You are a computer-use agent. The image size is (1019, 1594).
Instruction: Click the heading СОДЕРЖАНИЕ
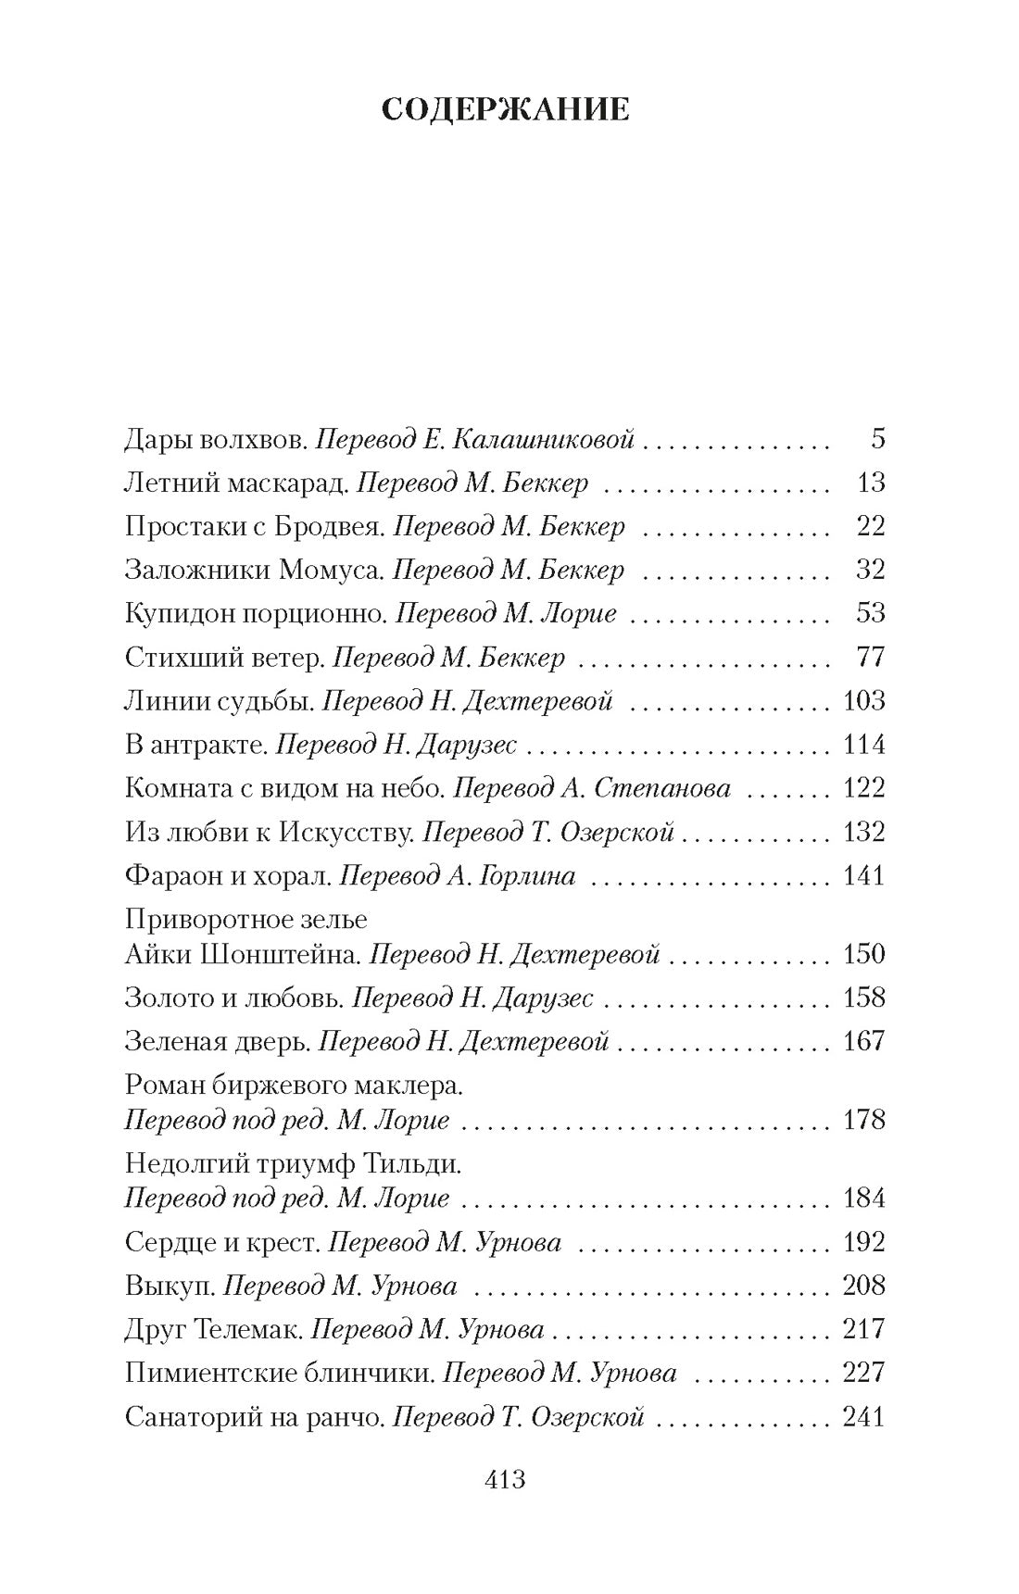pos(505,109)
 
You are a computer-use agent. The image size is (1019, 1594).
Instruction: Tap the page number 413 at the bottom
pos(505,1479)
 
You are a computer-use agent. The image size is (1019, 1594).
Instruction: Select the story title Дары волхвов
pos(215,438)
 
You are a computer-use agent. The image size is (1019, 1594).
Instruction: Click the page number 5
pos(877,438)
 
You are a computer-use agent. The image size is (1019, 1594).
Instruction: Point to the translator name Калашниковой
pos(544,438)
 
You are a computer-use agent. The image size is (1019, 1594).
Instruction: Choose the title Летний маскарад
pos(235,483)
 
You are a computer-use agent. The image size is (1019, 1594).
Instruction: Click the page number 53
pos(870,613)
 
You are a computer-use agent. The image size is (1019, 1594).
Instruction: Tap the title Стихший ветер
pos(223,658)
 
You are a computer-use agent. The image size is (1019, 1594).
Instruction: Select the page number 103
pos(863,701)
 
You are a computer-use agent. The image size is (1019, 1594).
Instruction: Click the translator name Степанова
pos(661,788)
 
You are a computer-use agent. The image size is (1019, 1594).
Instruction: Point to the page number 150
pos(863,954)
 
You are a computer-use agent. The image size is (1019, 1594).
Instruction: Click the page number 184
pos(863,1199)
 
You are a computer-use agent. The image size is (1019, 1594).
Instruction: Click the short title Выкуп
pos(170,1286)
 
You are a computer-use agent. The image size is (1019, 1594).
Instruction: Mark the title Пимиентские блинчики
pos(279,1373)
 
